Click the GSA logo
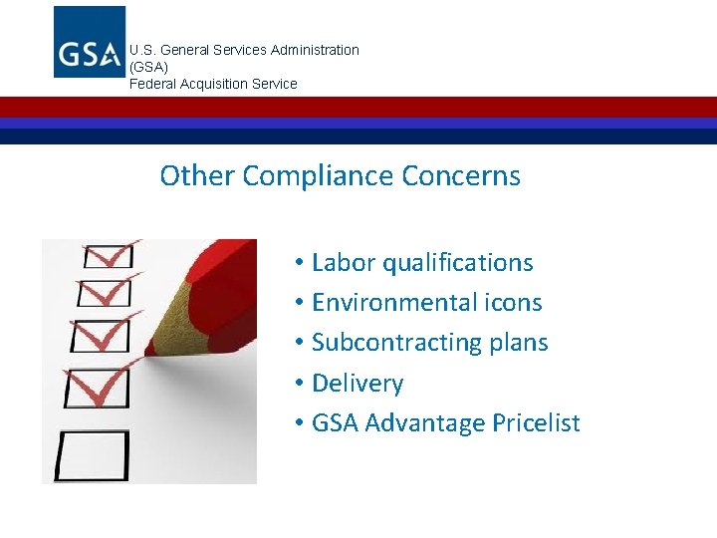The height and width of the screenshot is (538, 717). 90,42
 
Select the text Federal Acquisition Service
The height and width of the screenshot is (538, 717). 213,84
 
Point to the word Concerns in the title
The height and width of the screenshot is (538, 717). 461,176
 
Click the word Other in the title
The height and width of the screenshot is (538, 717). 196,176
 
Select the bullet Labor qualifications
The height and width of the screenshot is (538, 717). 422,263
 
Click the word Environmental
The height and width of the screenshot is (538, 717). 394,303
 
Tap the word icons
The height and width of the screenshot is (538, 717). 513,303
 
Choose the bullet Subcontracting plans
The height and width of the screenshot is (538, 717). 429,343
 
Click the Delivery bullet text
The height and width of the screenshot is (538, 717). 358,384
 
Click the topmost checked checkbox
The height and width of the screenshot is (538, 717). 108,256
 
